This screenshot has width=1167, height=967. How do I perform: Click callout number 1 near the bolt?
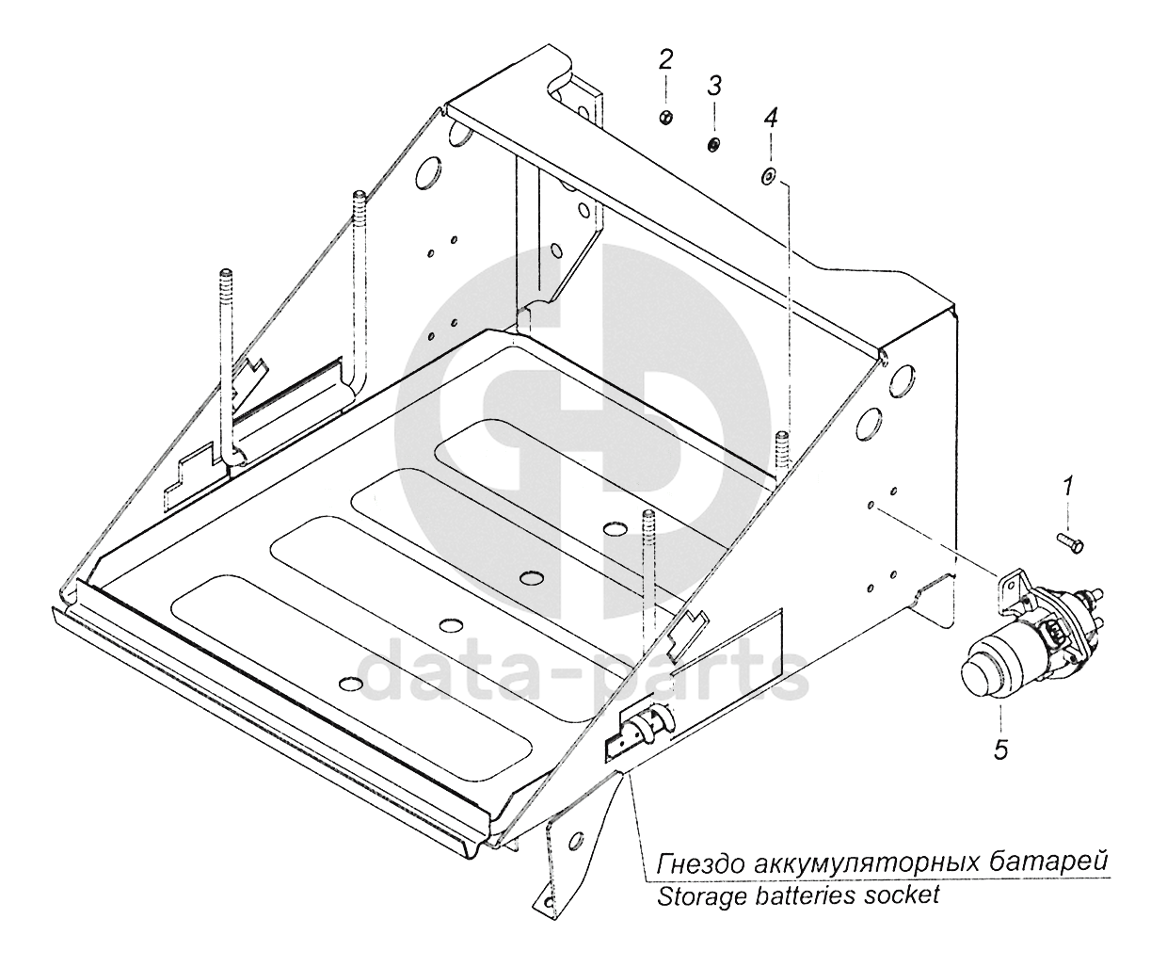click(x=1067, y=488)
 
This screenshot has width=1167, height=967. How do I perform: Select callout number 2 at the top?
click(x=665, y=60)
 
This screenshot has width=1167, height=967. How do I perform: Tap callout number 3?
click(x=714, y=87)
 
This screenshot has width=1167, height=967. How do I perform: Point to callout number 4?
click(x=771, y=119)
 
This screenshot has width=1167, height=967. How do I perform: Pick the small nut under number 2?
click(x=665, y=117)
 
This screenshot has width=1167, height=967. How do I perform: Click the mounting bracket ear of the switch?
click(x=1013, y=585)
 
